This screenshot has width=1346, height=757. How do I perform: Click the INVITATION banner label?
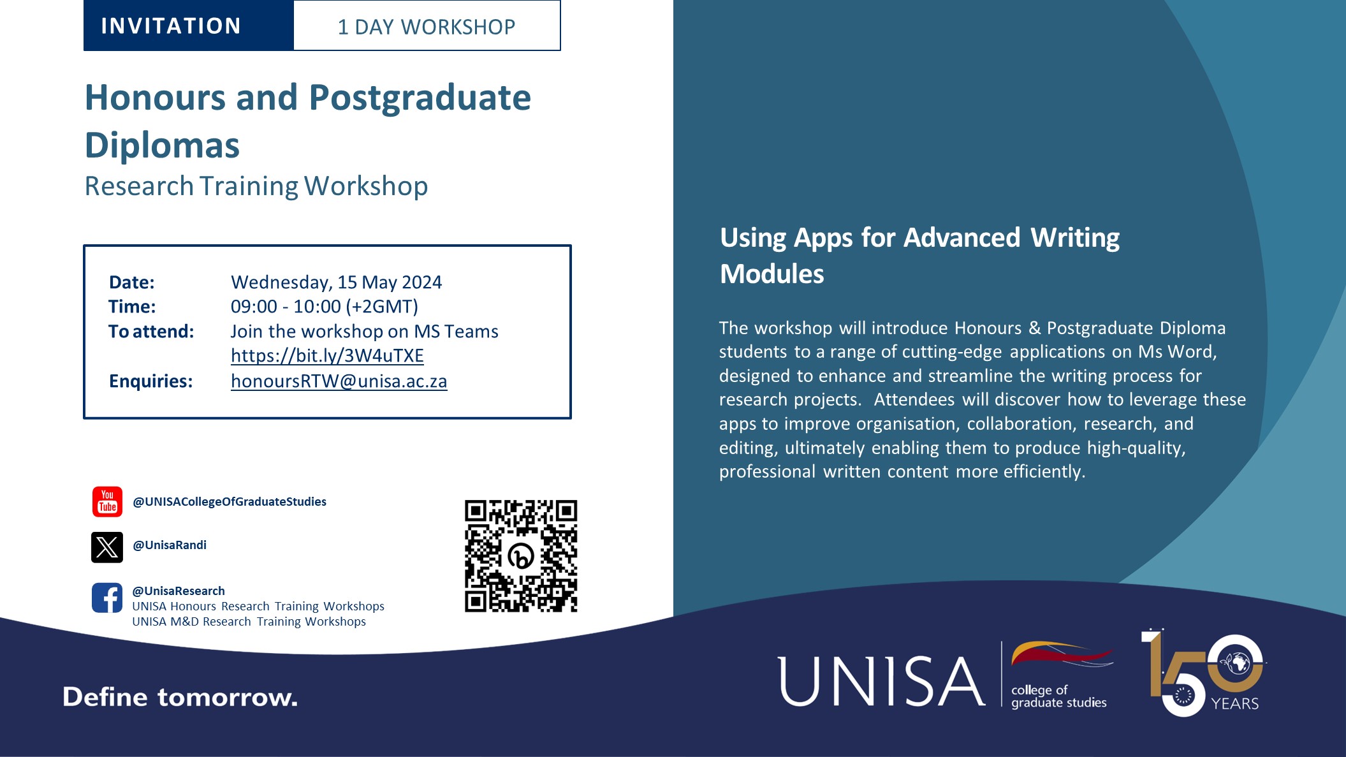coord(171,26)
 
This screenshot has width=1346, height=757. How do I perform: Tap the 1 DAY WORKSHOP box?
coord(427,27)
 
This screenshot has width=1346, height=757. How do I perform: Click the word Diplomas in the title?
coord(162,145)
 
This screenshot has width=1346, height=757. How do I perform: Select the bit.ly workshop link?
coord(327,356)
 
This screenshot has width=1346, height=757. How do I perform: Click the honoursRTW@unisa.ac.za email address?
coord(339,381)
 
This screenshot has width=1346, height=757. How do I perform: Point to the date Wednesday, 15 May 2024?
coord(336,282)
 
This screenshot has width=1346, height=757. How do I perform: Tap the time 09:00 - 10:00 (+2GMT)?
coord(324,307)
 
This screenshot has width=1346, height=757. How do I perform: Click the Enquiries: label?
coord(150,381)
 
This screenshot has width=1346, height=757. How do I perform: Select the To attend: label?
coord(151,332)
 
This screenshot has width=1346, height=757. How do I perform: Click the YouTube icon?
coord(107,501)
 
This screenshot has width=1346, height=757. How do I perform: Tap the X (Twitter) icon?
coord(107,547)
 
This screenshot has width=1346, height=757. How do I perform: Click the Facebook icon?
coord(107,598)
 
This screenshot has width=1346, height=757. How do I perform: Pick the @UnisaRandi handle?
coord(170,545)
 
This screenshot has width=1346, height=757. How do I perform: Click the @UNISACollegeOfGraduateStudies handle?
coord(230,502)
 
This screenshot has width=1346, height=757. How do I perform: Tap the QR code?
coord(521,555)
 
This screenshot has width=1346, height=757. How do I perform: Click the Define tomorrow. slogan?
coord(180,697)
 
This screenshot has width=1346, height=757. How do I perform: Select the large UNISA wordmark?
coord(881,681)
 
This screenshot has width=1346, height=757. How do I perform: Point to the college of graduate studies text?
coord(1058,696)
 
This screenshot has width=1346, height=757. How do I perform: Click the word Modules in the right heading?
coord(772,274)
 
